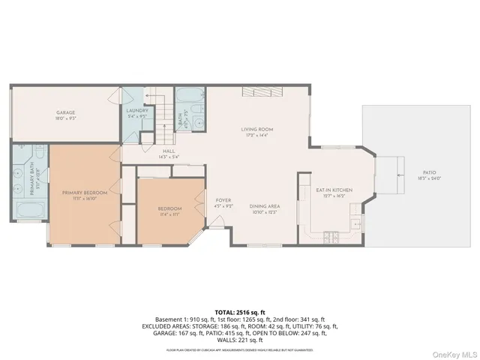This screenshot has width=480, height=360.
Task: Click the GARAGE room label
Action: pyautogui.click(x=65, y=112)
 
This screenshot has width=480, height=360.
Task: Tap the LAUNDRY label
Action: pyautogui.click(x=138, y=111)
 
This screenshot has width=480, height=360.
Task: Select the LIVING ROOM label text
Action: pyautogui.click(x=256, y=129)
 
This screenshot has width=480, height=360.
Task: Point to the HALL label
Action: pyautogui.click(x=158, y=151)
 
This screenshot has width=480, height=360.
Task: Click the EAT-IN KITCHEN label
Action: pyautogui.click(x=334, y=190)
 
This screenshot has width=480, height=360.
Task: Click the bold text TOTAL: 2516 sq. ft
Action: pyautogui.click(x=239, y=311)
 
